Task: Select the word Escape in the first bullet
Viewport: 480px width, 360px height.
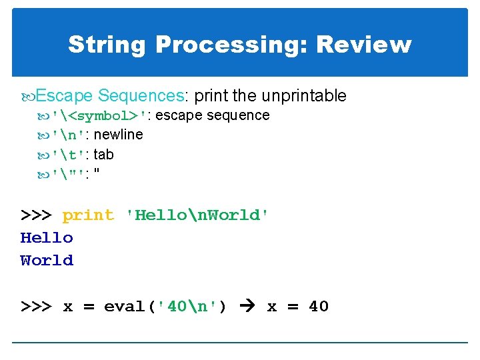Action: [64, 96]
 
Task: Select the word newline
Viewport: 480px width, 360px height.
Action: [119, 135]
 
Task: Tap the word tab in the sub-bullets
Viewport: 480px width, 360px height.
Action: [103, 155]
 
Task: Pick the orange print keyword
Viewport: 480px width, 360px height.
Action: [88, 215]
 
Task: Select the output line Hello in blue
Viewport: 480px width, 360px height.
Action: [47, 238]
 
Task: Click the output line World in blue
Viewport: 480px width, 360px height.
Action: [47, 261]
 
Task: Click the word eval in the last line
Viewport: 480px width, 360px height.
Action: [125, 307]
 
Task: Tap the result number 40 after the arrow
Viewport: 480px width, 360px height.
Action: [319, 307]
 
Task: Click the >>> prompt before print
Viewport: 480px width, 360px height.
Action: [36, 215]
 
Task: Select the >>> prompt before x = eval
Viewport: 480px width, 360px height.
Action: [36, 307]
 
